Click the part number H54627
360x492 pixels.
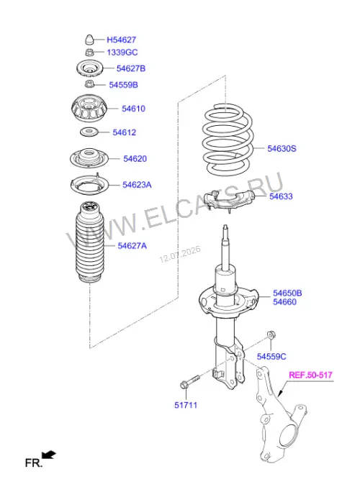pyautogui.click(x=121, y=40)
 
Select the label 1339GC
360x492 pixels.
pyautogui.click(x=122, y=53)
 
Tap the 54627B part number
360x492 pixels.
pyautogui.click(x=131, y=68)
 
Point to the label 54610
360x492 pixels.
pyautogui.click(x=133, y=109)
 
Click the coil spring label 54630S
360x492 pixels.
pyautogui.click(x=282, y=148)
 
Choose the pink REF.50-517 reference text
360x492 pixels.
pyautogui.click(x=310, y=375)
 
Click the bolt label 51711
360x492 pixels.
pyautogui.click(x=186, y=405)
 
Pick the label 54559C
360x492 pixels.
pyautogui.click(x=271, y=357)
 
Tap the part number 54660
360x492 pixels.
pyautogui.click(x=284, y=302)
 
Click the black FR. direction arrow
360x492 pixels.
pyautogui.click(x=49, y=455)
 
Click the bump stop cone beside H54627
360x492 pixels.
pyautogui.click(x=89, y=40)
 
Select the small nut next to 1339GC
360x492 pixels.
pyautogui.click(x=89, y=52)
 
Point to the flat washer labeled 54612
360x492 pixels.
pyautogui.click(x=89, y=132)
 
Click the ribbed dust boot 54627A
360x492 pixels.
pyautogui.click(x=89, y=242)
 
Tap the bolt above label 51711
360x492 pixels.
pyautogui.click(x=189, y=381)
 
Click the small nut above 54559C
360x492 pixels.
pyautogui.click(x=271, y=334)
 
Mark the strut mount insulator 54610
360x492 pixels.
pyautogui.click(x=89, y=108)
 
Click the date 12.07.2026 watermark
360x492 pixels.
pyautogui.click(x=180, y=255)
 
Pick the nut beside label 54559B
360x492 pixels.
pyautogui.click(x=89, y=84)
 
